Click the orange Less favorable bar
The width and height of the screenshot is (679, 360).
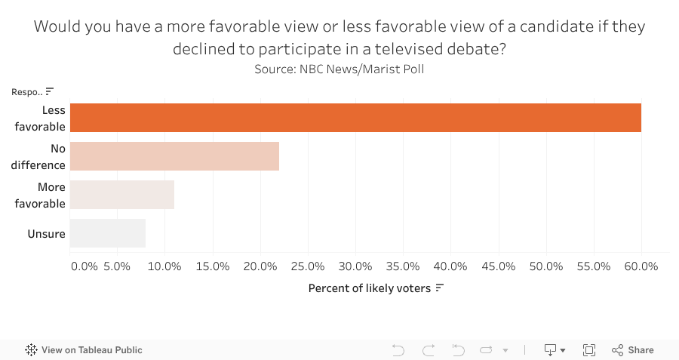pos(355,118)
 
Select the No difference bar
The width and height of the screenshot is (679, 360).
pos(174,156)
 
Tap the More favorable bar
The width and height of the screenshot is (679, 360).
pos(121,195)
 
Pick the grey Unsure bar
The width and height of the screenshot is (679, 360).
pos(107,233)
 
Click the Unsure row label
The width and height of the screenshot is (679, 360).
pos(47,234)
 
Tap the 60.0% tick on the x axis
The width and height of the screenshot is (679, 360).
pos(641,266)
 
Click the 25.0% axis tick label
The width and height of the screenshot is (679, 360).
pos(308,266)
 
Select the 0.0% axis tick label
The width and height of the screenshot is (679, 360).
pos(84,266)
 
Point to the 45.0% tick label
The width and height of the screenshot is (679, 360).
pos(499,266)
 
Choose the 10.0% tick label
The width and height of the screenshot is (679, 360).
pos(165,266)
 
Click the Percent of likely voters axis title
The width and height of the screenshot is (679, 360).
pos(369,288)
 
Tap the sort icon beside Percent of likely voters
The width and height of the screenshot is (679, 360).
pos(439,288)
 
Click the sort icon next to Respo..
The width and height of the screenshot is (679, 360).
pos(50,91)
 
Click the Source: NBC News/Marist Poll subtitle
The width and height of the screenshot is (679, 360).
pos(339,69)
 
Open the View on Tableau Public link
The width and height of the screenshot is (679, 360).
pos(84,350)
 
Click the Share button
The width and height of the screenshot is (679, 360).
pos(633,350)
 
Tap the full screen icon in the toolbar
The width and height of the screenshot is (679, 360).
pos(589,350)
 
